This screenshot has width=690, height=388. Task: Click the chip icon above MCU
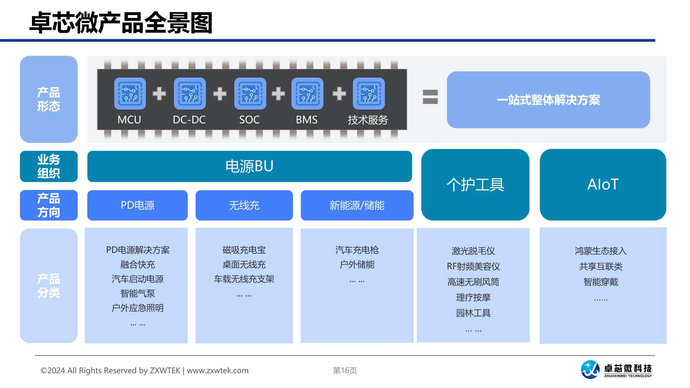tap(130, 93)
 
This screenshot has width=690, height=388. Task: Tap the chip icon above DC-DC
tap(190, 93)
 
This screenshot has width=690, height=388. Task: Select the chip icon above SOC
tap(250, 93)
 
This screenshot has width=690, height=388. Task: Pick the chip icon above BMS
tap(307, 93)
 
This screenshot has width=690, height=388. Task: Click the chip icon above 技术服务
tap(369, 93)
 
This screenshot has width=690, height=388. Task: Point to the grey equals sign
tap(430, 97)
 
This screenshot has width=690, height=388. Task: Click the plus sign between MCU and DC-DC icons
tap(159, 93)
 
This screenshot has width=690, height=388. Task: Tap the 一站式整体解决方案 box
tap(548, 100)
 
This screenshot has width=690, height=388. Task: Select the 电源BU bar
tap(249, 166)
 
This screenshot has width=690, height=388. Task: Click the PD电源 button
tap(137, 205)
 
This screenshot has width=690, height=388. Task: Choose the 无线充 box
tap(244, 205)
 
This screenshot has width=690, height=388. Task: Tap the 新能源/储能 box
tap(357, 205)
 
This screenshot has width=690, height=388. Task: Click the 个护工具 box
tap(475, 185)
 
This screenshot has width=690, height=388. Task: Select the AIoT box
tap(603, 185)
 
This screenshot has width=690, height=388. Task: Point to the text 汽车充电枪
tap(357, 250)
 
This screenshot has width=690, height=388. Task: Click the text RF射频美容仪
tap(473, 266)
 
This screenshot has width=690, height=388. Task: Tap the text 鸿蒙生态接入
tap(601, 251)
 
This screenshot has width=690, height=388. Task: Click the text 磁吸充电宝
tap(244, 250)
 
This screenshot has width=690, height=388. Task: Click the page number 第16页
tap(345, 370)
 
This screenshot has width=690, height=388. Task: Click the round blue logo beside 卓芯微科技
tap(590, 370)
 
